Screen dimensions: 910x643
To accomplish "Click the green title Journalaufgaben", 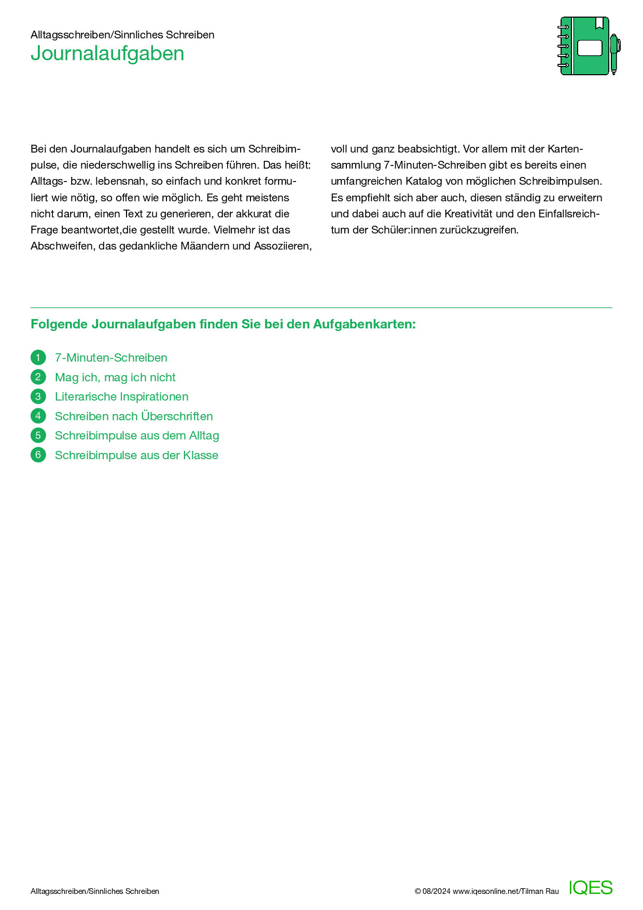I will pyautogui.click(x=107, y=54).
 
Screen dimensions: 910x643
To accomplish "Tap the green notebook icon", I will pyautogui.click(x=584, y=46).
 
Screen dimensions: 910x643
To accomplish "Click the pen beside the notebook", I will pyautogui.click(x=614, y=54).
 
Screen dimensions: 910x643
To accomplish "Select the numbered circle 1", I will pyautogui.click(x=38, y=357).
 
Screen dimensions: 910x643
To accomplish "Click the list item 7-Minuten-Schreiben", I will pyautogui.click(x=111, y=358).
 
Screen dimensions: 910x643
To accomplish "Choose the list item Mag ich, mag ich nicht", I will pyautogui.click(x=115, y=378).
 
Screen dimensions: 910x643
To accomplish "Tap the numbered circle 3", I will pyautogui.click(x=38, y=397).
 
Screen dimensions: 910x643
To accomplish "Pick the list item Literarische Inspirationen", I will pyautogui.click(x=122, y=397).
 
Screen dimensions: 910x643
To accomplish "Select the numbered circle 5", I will pyautogui.click(x=38, y=436).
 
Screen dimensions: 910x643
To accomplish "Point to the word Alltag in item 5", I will pyautogui.click(x=204, y=436).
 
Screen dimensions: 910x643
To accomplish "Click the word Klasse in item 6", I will pyautogui.click(x=201, y=456).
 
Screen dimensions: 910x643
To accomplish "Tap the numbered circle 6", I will pyautogui.click(x=38, y=456).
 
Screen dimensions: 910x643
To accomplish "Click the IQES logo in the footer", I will pyautogui.click(x=591, y=888).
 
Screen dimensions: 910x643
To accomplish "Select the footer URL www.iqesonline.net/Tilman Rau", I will pyautogui.click(x=506, y=891).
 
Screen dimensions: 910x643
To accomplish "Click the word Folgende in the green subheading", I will pyautogui.click(x=59, y=325).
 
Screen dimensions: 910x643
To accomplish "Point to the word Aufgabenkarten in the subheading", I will pyautogui.click(x=364, y=325).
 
